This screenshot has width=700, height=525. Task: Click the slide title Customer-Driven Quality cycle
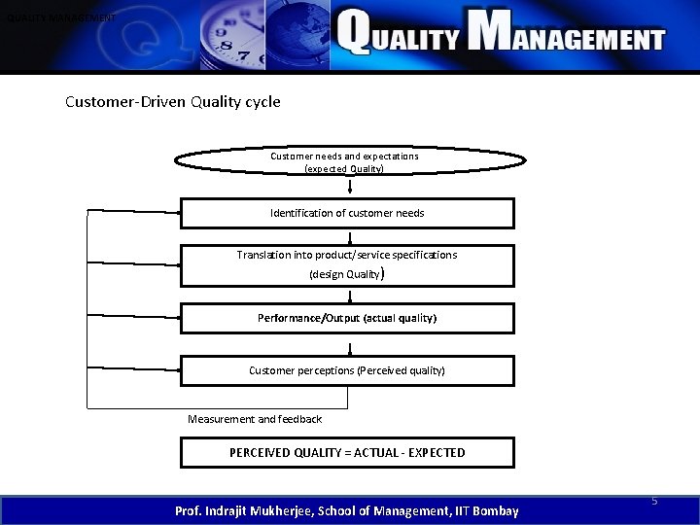(x=172, y=101)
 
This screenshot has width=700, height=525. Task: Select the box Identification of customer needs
(x=347, y=213)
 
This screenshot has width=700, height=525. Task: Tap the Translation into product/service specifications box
(x=347, y=263)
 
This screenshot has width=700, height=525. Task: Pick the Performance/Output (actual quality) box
(x=347, y=318)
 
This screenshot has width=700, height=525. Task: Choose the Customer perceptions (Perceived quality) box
(x=347, y=370)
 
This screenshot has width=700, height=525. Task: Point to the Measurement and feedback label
(x=254, y=419)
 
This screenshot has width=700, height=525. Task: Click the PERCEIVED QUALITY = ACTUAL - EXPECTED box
(x=347, y=452)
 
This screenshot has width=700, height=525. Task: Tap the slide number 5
(x=654, y=501)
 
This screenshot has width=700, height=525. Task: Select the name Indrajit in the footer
(x=235, y=510)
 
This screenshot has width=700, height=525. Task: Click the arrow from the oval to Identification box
(x=349, y=186)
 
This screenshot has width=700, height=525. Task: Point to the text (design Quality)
(x=347, y=275)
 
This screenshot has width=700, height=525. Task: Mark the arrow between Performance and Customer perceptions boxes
(x=349, y=345)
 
